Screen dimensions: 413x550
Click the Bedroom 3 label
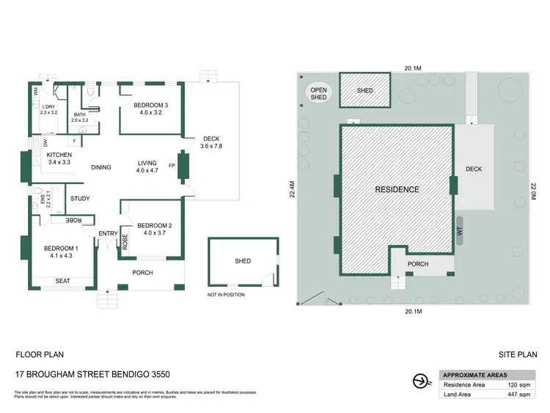150,106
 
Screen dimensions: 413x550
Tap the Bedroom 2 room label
154,225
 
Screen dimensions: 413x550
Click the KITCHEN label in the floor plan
59,156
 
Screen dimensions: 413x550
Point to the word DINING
101,167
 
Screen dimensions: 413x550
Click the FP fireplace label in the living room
172,164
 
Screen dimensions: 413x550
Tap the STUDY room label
80,198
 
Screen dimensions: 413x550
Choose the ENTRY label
108,233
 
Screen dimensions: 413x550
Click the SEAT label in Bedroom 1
64,280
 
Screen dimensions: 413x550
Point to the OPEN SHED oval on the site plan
319,93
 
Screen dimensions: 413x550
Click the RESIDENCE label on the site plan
397,189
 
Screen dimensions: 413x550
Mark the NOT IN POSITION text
226,295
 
